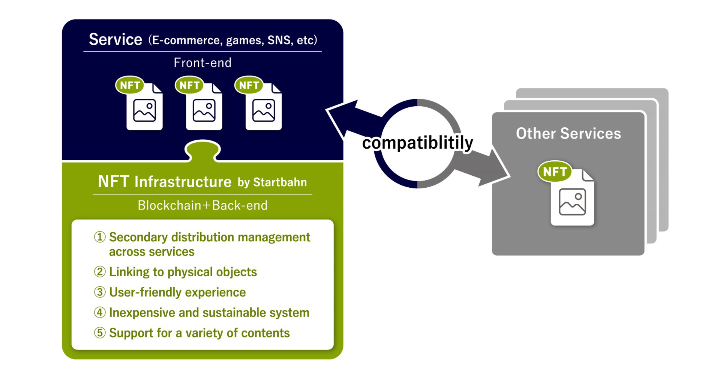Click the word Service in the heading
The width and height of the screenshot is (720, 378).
coord(115,39)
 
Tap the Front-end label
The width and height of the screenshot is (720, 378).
coord(202,63)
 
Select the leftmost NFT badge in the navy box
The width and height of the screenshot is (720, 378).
coord(130,86)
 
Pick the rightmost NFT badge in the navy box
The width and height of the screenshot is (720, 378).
coord(249,86)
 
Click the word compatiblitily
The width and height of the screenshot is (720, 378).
coord(418,143)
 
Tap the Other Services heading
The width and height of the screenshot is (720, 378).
coord(568,134)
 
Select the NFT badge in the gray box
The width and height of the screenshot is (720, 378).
coord(555,172)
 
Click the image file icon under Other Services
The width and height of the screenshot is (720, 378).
coord(573,197)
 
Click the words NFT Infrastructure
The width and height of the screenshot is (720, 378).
coord(165,182)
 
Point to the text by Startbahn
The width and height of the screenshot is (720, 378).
coord(272,182)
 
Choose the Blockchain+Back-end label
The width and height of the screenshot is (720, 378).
coord(202,205)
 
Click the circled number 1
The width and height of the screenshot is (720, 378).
coord(100,237)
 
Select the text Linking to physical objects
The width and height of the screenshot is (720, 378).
coord(183,272)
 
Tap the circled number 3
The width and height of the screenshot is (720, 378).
coord(100,292)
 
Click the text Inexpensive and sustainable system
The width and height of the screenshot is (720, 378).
coord(209,313)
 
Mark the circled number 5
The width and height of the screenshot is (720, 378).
coord(100,333)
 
